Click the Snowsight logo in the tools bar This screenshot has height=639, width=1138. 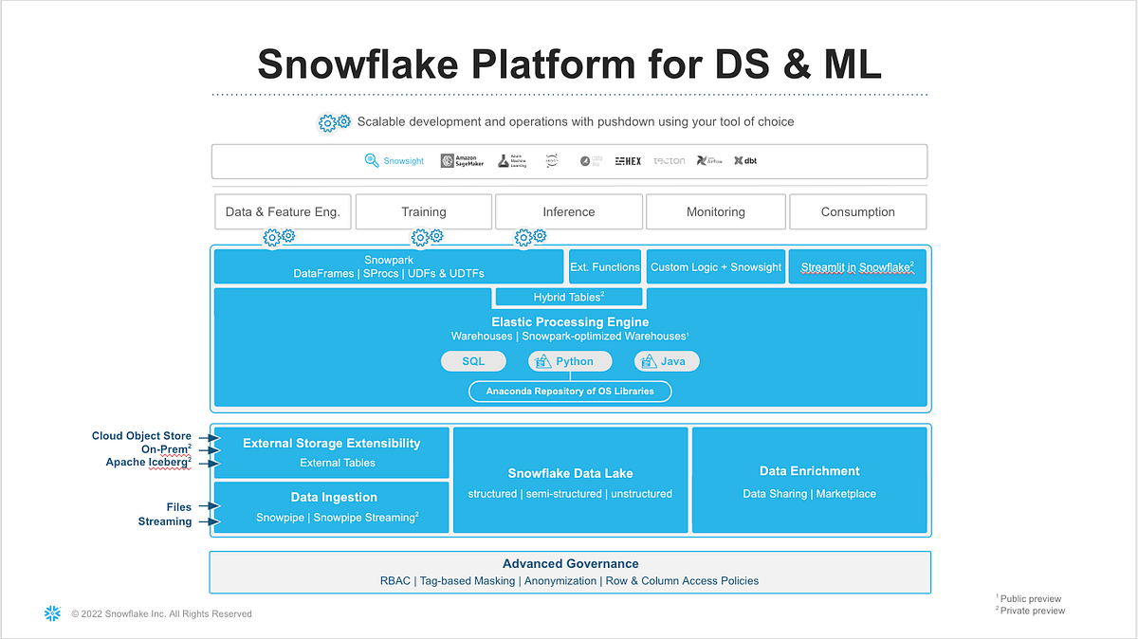395,161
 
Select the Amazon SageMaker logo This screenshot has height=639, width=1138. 462,161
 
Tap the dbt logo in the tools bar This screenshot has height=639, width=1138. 745,161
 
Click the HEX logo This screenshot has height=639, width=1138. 628,161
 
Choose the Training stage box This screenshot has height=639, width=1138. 423,212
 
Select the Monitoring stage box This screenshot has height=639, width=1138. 715,212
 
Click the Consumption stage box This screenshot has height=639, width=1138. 857,212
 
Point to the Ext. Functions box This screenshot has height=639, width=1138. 604,267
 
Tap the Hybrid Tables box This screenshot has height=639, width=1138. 568,298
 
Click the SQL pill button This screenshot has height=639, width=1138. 472,361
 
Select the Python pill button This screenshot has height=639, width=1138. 565,361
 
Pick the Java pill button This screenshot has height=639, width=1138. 667,361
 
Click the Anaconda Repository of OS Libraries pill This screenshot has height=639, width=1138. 570,391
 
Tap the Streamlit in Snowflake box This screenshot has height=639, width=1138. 856,267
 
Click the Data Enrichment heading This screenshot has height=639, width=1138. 809,471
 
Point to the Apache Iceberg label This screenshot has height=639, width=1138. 148,463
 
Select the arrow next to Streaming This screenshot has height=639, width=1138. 208,521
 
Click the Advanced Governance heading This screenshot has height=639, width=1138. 570,563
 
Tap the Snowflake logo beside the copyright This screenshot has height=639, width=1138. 52,613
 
